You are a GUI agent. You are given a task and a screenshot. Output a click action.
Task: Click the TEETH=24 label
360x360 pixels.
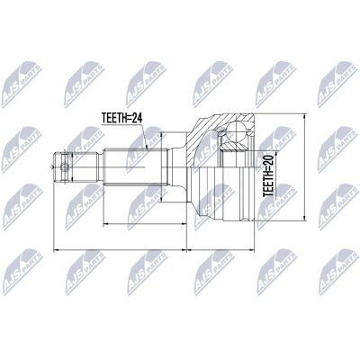tap(121, 118)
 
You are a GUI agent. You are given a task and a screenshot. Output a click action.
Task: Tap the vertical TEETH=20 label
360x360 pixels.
tap(268, 175)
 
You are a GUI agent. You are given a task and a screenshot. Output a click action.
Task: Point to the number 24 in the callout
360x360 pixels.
tap(137, 118)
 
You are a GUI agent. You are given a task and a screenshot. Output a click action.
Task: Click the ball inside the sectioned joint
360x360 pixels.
tap(237, 131)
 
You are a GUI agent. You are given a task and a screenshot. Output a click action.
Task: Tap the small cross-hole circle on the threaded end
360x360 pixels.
tap(64, 167)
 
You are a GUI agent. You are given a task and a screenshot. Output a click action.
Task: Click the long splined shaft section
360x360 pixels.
tap(135, 166)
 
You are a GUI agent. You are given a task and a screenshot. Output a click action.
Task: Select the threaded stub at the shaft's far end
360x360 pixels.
tap(76, 166)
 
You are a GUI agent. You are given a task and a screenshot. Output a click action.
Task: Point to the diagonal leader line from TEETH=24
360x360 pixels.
tap(144, 136)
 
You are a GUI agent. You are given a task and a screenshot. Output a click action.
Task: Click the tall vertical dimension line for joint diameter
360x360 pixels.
tap(304, 167)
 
